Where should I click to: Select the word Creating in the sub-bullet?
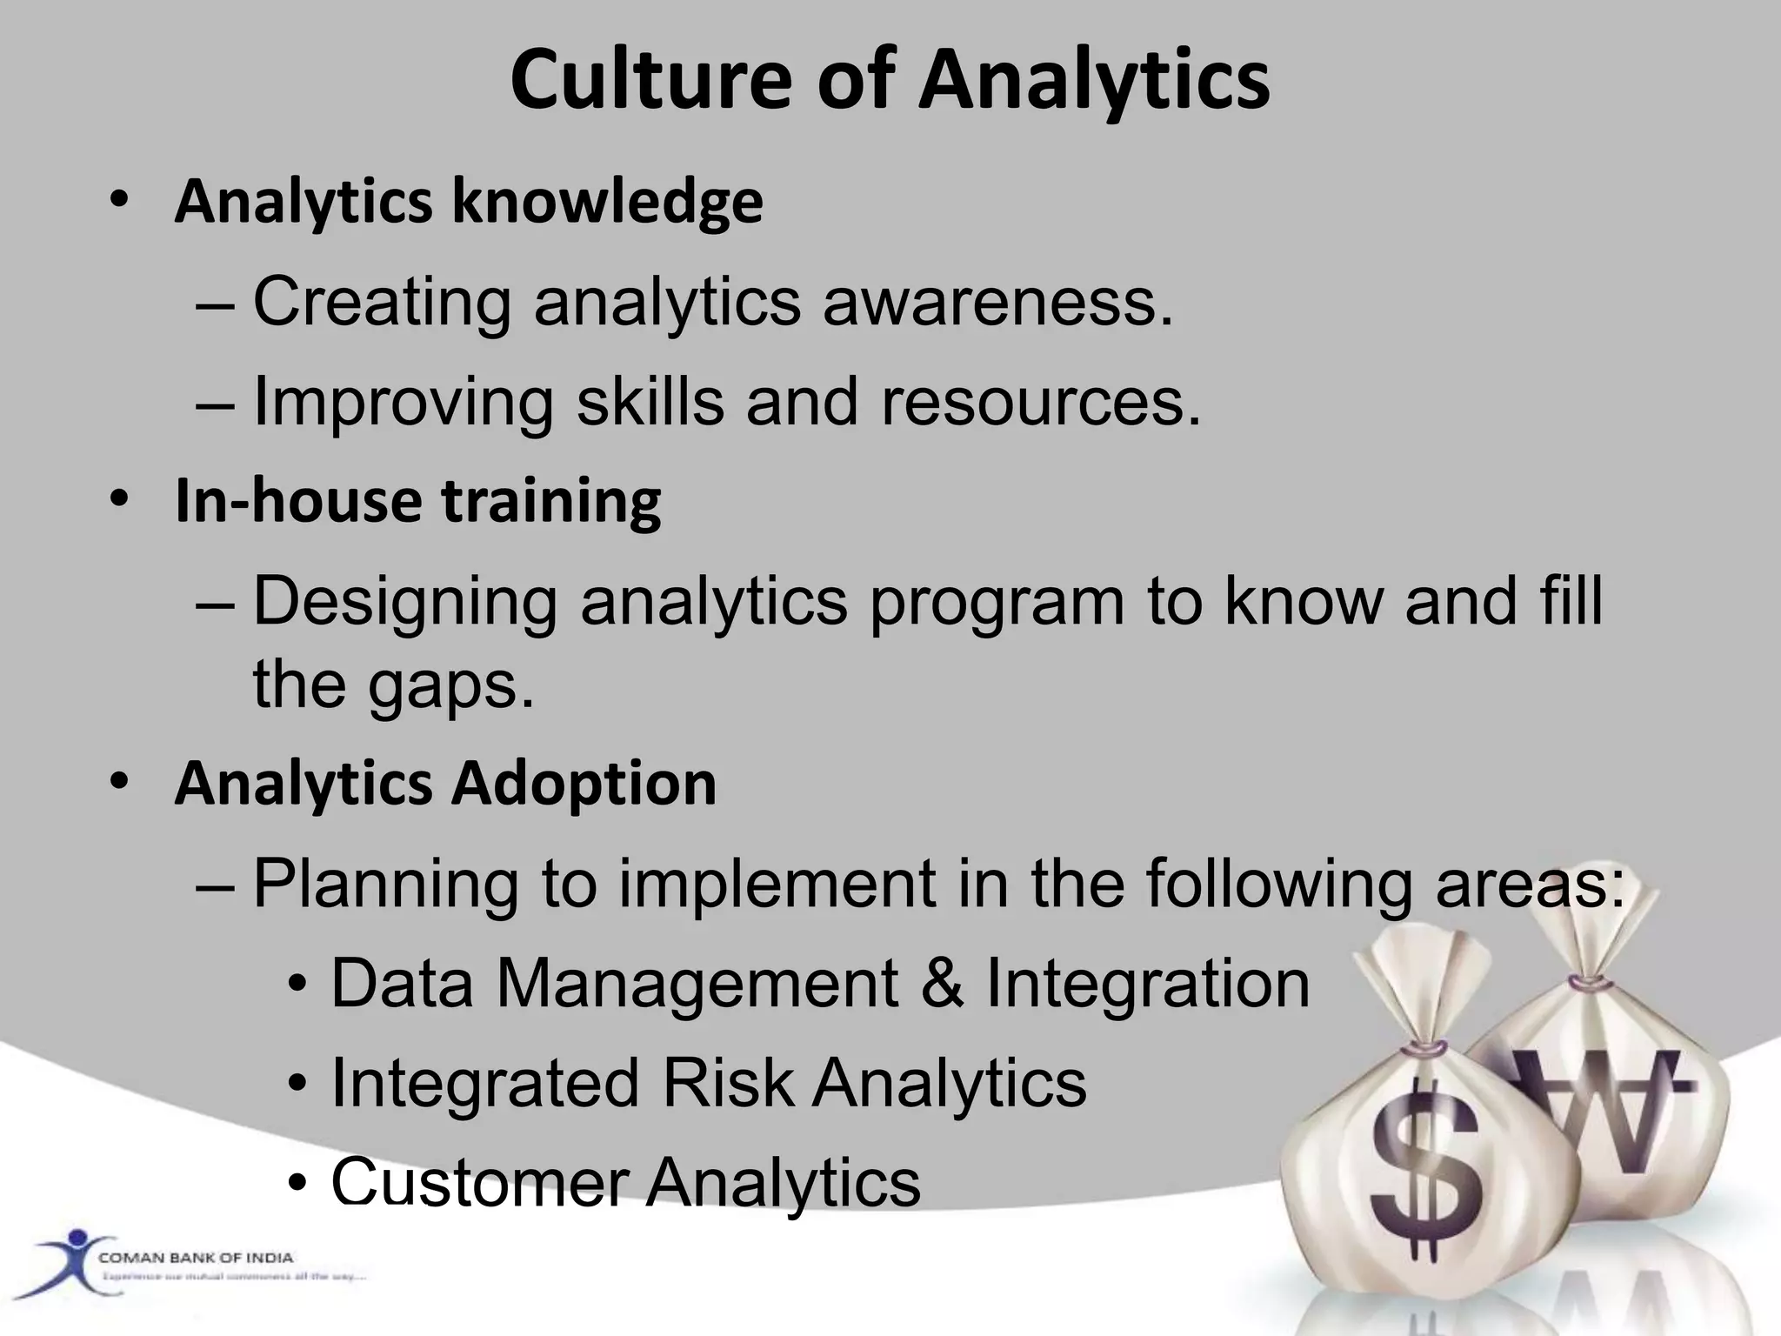coord(382,302)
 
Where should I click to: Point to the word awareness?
coord(997,302)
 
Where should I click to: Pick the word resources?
coord(1041,403)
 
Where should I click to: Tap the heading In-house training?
coord(417,502)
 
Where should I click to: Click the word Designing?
coord(405,602)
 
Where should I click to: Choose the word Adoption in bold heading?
coord(584,784)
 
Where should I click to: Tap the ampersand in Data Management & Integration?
coord(942,984)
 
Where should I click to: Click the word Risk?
coord(727,1084)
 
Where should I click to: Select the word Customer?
coord(480,1183)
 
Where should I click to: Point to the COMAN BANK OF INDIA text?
coord(196,1258)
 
